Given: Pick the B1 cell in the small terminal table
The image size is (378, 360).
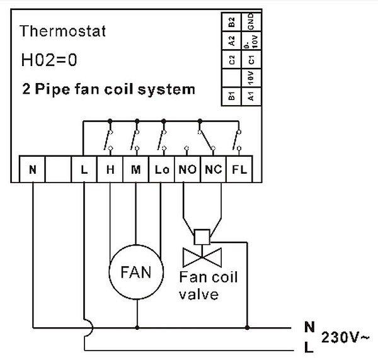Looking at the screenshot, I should point(232,96).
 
